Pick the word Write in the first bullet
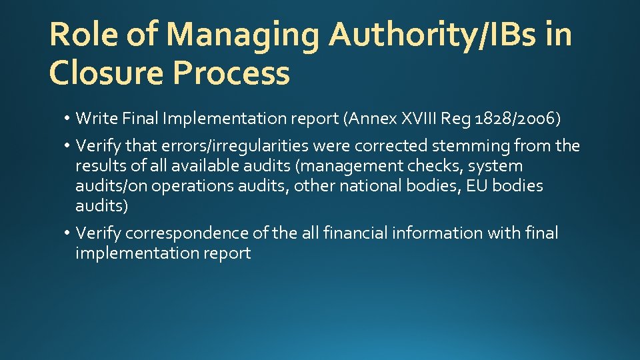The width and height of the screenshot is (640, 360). [x=95, y=119]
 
